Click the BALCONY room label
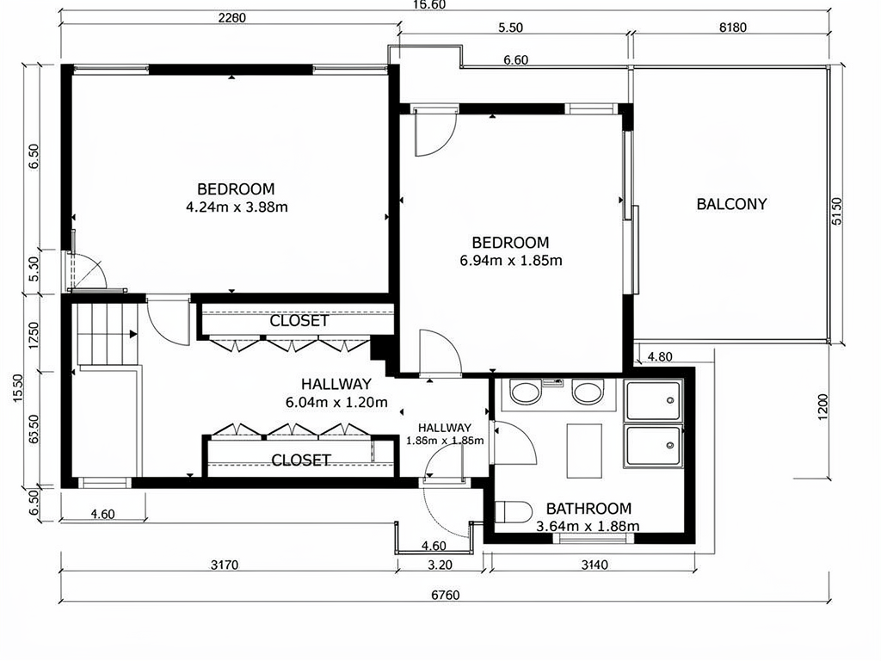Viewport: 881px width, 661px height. click(x=731, y=204)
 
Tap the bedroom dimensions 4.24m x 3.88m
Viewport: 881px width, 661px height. click(x=237, y=207)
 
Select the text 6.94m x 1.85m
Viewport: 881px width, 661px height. click(x=511, y=260)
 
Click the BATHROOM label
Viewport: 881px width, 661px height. click(x=588, y=509)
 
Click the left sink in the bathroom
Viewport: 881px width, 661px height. click(x=526, y=392)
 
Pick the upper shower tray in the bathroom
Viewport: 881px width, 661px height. click(x=654, y=401)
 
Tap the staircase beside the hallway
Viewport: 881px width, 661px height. click(x=107, y=333)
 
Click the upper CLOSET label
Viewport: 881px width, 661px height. click(x=299, y=321)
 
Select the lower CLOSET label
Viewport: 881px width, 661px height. click(x=300, y=460)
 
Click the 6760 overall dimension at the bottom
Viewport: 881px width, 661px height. click(x=446, y=595)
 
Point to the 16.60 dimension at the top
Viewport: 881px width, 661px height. click(x=429, y=4)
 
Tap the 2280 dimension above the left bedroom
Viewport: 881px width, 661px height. click(x=232, y=17)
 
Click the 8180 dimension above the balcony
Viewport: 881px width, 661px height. click(x=733, y=27)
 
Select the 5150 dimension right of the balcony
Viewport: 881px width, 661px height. click(x=836, y=211)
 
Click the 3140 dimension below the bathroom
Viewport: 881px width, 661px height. click(x=594, y=565)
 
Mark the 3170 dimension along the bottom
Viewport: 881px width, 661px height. click(x=225, y=565)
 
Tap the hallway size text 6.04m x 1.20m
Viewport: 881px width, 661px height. click(x=336, y=403)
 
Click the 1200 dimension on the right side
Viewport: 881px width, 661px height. click(x=822, y=407)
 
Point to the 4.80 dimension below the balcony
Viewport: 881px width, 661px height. click(x=660, y=357)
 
